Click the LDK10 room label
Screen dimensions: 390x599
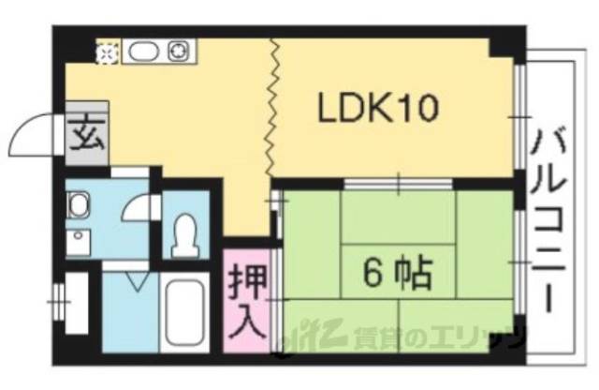[x=376, y=111]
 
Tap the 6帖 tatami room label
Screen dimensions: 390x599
[x=397, y=273]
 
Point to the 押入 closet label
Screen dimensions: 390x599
[x=246, y=302]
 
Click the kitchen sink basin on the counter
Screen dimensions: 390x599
[x=141, y=52]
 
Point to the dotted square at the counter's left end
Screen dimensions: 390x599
[x=108, y=52]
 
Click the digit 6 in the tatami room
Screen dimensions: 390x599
[x=373, y=273]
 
